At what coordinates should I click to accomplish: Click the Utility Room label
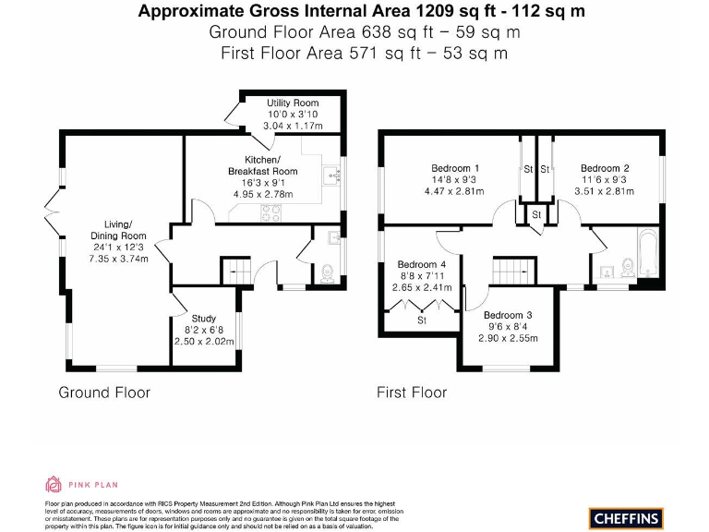[293, 103]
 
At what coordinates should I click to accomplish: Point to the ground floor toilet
[326, 272]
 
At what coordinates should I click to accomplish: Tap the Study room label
[204, 319]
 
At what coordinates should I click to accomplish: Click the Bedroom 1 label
[453, 167]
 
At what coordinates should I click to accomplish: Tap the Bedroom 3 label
[508, 314]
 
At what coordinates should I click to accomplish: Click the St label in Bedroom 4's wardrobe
[422, 320]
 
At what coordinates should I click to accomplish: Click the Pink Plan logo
[82, 484]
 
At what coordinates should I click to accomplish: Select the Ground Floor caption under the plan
[104, 393]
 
